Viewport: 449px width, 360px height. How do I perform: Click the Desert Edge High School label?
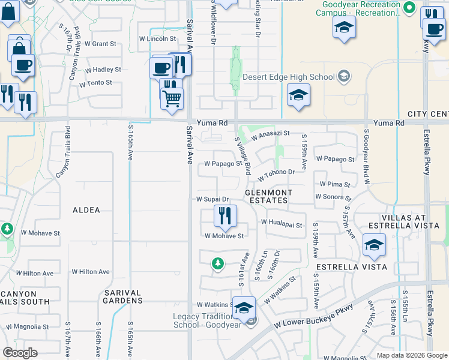[x=288, y=77]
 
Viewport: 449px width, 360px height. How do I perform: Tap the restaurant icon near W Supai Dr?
[x=225, y=216]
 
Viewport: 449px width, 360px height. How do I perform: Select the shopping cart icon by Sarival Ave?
[x=172, y=98]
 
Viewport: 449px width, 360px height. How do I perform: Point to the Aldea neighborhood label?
[x=86, y=210]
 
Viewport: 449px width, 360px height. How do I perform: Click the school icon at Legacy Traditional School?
[x=244, y=308]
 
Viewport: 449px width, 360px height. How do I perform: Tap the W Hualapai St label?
[x=282, y=222]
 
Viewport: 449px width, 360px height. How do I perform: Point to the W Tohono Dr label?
[x=277, y=175]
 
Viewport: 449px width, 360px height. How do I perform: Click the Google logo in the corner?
[x=20, y=353]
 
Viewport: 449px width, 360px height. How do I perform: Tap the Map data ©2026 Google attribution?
[x=411, y=355]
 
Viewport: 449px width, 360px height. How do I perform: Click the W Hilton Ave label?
[x=91, y=272]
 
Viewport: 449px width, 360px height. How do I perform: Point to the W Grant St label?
[x=100, y=44]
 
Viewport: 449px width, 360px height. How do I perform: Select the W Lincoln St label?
[x=157, y=38]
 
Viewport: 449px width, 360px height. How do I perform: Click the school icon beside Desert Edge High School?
[x=298, y=95]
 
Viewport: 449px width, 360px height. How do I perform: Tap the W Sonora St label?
[x=333, y=196]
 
